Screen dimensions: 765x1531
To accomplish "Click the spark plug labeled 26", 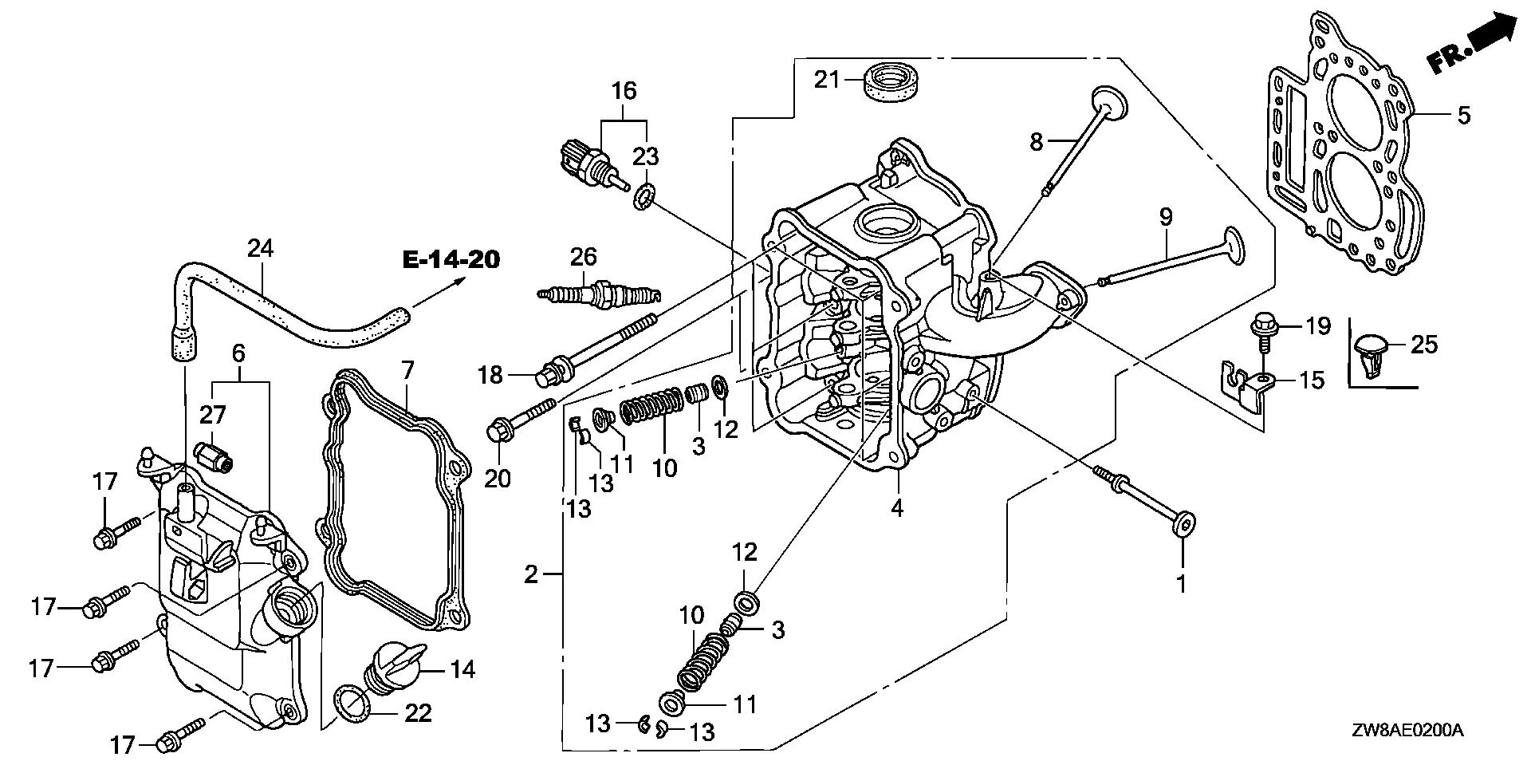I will tap(598, 295).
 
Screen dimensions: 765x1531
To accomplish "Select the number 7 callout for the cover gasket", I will tap(407, 370).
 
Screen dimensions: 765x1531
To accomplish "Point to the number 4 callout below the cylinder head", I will tap(897, 507).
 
